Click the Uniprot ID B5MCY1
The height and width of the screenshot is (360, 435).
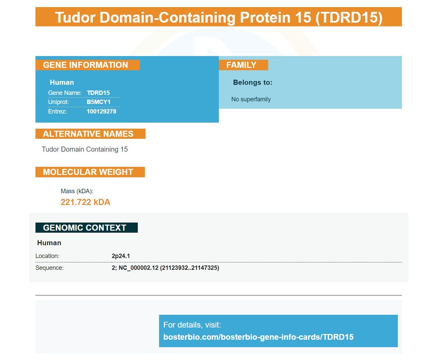[x=98, y=102]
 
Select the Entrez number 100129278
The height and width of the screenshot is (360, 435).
[x=101, y=111]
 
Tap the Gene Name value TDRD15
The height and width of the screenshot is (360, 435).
[x=98, y=93]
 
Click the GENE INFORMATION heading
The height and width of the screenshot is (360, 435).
[x=85, y=65]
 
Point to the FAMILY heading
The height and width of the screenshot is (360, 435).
[x=241, y=65]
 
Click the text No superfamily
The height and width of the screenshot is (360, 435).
[x=251, y=99]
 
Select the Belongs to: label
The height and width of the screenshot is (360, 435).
[x=253, y=82]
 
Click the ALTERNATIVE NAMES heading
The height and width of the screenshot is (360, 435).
[x=88, y=134]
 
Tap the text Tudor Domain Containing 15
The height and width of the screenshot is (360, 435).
[x=84, y=149]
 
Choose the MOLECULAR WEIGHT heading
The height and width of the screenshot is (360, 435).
[x=88, y=172]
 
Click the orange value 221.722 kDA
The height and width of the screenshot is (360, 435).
[x=85, y=202]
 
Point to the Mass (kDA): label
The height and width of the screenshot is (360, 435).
[x=77, y=191]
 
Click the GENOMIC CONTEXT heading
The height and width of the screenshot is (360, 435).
[x=84, y=228]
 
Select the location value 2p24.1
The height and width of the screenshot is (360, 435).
[x=121, y=256]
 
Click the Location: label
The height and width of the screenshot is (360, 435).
[x=47, y=256]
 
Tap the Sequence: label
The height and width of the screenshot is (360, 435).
[x=49, y=267]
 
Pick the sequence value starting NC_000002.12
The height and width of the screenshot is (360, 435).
[x=165, y=268]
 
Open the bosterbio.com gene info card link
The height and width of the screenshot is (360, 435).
[x=258, y=337]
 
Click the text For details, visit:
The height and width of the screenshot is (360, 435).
[x=192, y=325]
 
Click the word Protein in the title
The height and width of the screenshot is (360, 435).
[x=265, y=17]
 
